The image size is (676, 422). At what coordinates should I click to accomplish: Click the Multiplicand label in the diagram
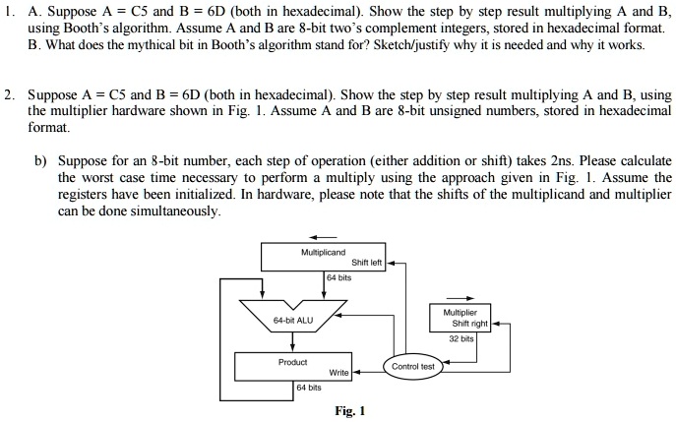(322, 253)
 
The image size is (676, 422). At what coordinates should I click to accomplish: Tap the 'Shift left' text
(365, 263)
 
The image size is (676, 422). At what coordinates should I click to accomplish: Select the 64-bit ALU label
(294, 320)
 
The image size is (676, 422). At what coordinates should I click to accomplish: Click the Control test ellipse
(412, 366)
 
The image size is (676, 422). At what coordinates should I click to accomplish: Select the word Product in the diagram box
(292, 362)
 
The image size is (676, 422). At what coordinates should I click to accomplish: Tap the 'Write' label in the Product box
(338, 373)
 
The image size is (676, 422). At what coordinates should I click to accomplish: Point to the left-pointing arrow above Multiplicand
(324, 236)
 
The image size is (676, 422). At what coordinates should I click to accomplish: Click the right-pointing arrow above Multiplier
(463, 298)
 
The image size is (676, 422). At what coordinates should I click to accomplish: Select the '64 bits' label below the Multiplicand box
(338, 278)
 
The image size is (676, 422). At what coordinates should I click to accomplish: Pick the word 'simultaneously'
(175, 211)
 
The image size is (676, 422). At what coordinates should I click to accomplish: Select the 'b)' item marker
(41, 159)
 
